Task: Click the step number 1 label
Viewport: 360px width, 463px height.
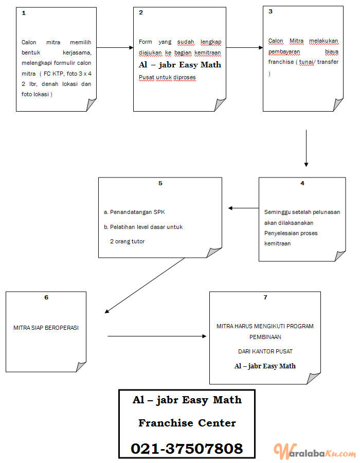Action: pyautogui.click(x=24, y=13)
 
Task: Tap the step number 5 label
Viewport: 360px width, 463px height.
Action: pyautogui.click(x=160, y=183)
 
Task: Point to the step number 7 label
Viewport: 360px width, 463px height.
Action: pyautogui.click(x=265, y=297)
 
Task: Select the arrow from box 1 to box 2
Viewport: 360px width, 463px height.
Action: pyautogui.click(x=115, y=47)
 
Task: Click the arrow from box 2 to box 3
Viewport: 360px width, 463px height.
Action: pyautogui.click(x=245, y=47)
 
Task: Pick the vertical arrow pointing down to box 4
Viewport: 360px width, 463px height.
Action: pyautogui.click(x=306, y=148)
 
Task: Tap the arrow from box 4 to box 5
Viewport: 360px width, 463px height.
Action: pyautogui.click(x=243, y=208)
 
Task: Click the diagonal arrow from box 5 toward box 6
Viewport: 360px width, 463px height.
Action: pyautogui.click(x=145, y=286)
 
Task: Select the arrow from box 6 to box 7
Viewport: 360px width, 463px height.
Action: pyautogui.click(x=157, y=336)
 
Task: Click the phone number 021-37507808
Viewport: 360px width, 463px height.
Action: pyautogui.click(x=187, y=448)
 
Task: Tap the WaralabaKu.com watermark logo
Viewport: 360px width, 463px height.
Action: pyautogui.click(x=315, y=451)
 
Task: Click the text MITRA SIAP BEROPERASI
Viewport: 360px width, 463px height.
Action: pyautogui.click(x=46, y=328)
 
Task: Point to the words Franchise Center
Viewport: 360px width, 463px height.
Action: pyautogui.click(x=187, y=423)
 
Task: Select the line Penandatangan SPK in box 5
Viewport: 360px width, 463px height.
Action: pyautogui.click(x=134, y=212)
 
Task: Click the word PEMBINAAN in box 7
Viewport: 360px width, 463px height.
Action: pyautogui.click(x=265, y=337)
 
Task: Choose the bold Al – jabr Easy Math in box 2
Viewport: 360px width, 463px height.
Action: pyautogui.click(x=180, y=65)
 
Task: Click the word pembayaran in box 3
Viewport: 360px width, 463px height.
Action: pyautogui.click(x=284, y=51)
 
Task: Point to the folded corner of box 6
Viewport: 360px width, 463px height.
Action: pyautogui.click(x=81, y=367)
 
